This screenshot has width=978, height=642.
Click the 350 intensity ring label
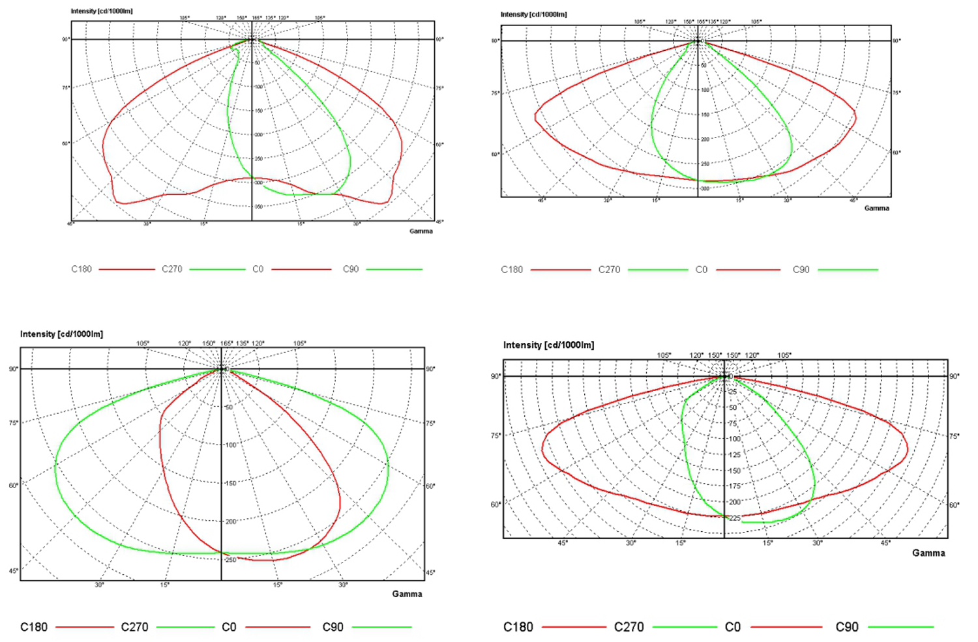point(259,207)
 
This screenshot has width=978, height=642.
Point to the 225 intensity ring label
point(735,518)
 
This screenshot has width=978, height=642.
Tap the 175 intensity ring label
point(735,486)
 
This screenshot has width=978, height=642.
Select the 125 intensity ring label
point(735,455)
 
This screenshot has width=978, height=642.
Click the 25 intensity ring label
point(732,392)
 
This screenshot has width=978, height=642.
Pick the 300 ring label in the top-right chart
point(705,188)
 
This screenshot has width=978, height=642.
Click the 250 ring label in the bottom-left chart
point(231,560)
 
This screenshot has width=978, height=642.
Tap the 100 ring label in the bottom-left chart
point(231,445)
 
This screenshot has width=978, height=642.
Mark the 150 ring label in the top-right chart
point(705,115)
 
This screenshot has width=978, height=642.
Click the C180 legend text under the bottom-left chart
point(34,627)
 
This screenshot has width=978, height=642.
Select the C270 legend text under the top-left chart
point(172,269)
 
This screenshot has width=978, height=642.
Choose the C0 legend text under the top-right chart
point(702,269)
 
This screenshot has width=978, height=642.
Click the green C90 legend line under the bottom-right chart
point(901,627)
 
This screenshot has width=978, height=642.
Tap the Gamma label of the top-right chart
point(877,209)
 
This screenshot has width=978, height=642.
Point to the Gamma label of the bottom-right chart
point(928,553)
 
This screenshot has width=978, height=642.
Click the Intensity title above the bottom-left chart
point(61,334)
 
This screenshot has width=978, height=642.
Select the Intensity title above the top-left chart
point(102,11)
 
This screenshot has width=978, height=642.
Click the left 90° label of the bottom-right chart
point(496,377)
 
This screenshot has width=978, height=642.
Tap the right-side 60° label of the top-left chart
point(439,145)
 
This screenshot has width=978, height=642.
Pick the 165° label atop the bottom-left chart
point(226,343)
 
